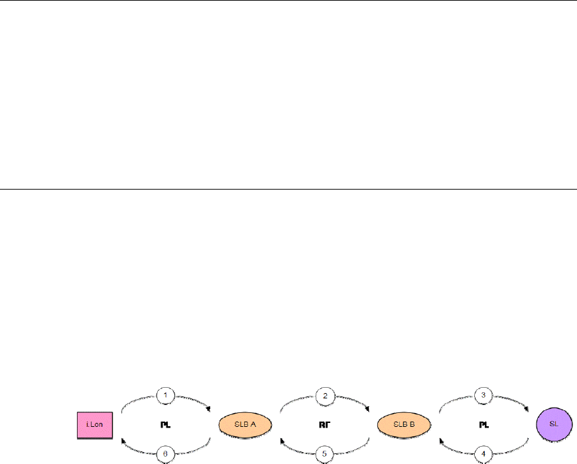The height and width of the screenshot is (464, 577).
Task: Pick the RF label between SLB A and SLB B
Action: pyautogui.click(x=325, y=424)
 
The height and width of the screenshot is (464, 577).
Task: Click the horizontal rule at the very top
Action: pyautogui.click(x=288, y=1)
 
